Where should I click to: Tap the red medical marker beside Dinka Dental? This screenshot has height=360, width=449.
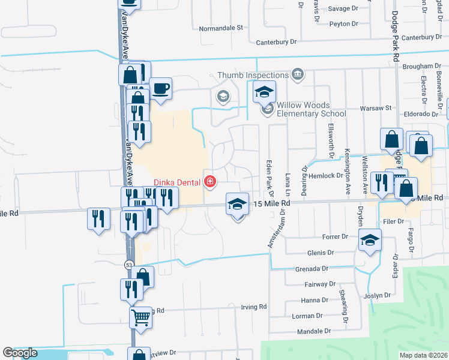[x=209, y=181]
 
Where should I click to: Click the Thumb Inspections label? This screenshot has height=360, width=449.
[x=252, y=75]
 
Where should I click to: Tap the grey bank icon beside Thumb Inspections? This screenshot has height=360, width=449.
[x=297, y=74]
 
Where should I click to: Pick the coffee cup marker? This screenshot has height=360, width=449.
[x=161, y=89]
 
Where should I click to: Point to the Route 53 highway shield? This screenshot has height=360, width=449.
[x=129, y=264]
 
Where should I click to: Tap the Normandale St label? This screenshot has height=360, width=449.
[x=220, y=28]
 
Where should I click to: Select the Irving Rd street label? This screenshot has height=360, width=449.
[x=255, y=307]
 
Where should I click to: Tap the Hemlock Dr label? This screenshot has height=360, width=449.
[x=327, y=176]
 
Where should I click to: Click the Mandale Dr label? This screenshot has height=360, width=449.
[x=315, y=331]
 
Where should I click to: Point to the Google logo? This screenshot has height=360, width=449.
[x=20, y=353]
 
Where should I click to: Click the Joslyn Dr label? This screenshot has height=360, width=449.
[x=377, y=295]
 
